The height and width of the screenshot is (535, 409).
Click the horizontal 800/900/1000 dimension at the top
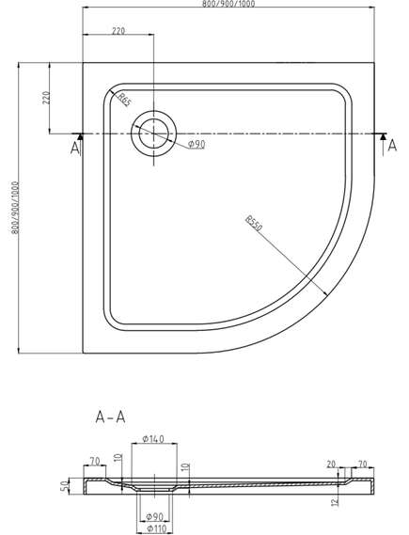point(228,4)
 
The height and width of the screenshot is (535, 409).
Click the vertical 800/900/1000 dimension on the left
point(15,208)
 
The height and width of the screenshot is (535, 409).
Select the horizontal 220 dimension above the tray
point(118,31)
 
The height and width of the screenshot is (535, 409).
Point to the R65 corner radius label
point(124,100)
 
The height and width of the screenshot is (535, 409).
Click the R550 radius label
point(254,223)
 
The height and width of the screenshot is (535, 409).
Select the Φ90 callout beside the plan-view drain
point(197,145)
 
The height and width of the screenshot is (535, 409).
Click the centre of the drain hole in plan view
point(154,134)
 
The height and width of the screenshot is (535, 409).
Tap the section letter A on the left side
point(74,148)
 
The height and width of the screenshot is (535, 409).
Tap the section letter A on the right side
point(393,146)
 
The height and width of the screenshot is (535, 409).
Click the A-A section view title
point(111,417)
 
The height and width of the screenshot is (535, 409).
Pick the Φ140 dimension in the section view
point(153,438)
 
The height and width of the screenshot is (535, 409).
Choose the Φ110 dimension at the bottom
point(156,529)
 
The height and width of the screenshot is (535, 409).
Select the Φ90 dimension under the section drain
point(154,517)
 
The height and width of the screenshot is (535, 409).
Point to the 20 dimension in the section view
point(331,464)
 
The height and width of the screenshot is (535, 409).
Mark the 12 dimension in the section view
point(336,501)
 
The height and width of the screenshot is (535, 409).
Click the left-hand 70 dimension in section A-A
point(94,462)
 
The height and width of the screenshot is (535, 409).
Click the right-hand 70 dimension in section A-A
point(362,464)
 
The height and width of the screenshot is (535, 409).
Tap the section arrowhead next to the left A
point(80,136)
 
